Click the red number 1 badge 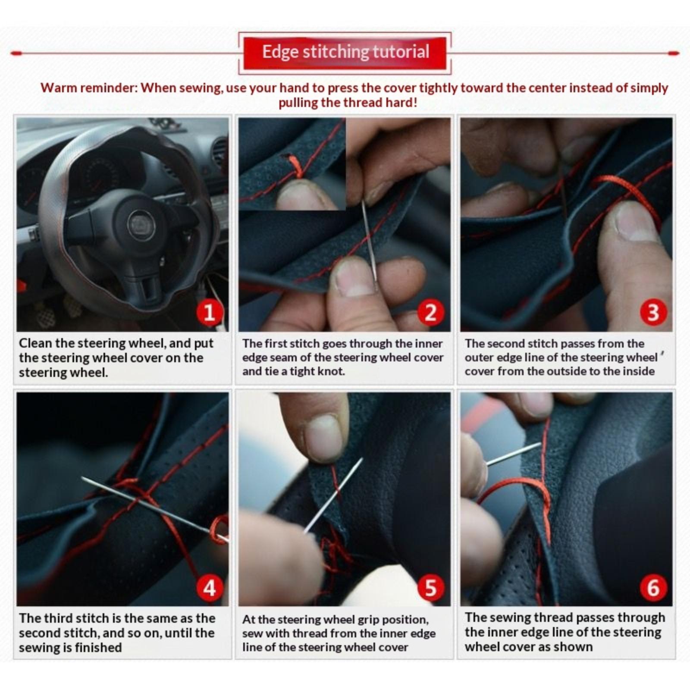pos(209,313)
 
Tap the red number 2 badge pos(431,313)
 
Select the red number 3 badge pos(653,313)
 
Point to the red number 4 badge pos(209,587)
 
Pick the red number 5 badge pos(431,587)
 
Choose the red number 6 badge pos(653,587)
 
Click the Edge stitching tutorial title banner pos(345,53)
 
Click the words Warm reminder pos(88,88)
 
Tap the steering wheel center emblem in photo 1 pos(139,223)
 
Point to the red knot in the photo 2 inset pos(296,167)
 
